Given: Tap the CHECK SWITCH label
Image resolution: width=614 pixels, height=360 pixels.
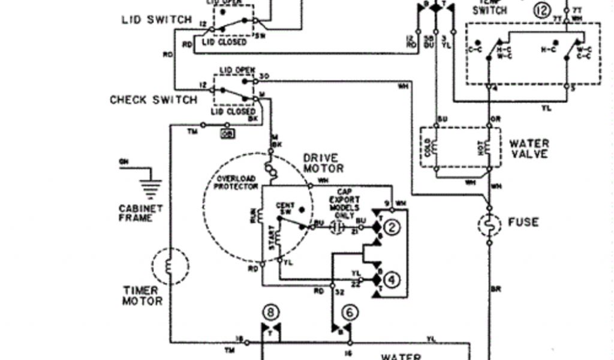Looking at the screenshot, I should [153, 100].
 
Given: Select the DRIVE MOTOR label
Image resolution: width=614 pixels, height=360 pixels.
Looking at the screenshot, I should [323, 163].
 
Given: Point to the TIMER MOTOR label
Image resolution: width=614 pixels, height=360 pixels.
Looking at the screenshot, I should [142, 295].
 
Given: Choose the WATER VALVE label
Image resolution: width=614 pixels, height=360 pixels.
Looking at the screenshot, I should [529, 149].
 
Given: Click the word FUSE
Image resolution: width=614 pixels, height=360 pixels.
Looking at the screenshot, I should [523, 222].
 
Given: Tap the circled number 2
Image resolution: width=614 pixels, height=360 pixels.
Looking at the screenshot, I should [392, 227].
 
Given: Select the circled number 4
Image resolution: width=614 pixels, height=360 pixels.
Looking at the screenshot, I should [392, 279].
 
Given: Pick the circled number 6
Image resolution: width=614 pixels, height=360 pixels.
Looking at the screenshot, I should [350, 312].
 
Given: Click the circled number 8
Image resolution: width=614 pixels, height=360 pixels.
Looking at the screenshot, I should [271, 312].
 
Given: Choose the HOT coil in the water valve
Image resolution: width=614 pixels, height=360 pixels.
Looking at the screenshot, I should [487, 147].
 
